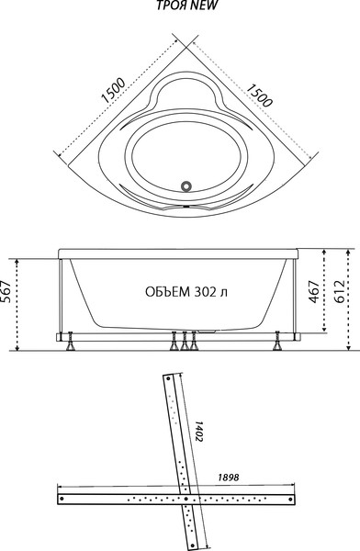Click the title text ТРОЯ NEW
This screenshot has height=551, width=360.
(181, 8)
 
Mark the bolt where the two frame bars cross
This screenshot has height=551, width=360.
(186, 499)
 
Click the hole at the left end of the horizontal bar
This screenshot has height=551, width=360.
(62, 499)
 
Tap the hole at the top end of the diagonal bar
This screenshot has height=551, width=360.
(168, 378)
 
